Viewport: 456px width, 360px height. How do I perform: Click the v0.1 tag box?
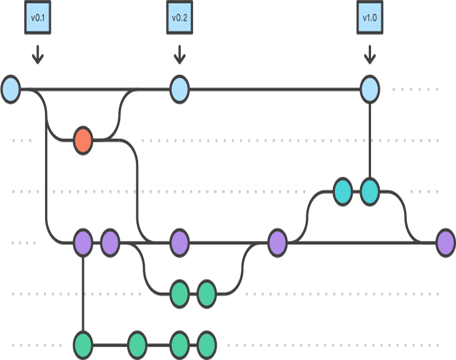[x=38, y=17]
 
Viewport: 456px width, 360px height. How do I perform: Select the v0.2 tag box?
[x=179, y=17]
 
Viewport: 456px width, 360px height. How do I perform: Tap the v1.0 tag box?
[x=369, y=17]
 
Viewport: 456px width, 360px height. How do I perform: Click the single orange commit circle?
[x=83, y=140]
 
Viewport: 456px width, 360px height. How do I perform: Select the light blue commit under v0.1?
[x=10, y=90]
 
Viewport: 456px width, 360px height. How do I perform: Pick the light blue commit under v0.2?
[x=179, y=90]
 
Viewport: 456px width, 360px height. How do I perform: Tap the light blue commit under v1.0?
[x=369, y=90]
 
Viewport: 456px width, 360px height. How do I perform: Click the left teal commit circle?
[x=343, y=191]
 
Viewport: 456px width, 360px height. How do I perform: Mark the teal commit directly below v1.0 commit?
[x=369, y=191]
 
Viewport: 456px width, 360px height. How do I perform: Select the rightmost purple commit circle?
[x=445, y=242]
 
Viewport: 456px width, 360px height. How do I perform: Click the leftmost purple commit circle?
[x=83, y=242]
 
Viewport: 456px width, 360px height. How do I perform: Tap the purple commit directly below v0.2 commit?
[x=179, y=242]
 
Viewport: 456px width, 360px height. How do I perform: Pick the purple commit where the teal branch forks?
[x=277, y=242]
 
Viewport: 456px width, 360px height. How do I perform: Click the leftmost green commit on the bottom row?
[x=83, y=345]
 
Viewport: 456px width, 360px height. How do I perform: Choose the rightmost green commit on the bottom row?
[x=206, y=345]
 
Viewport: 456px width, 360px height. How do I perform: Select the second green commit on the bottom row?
[x=137, y=345]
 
